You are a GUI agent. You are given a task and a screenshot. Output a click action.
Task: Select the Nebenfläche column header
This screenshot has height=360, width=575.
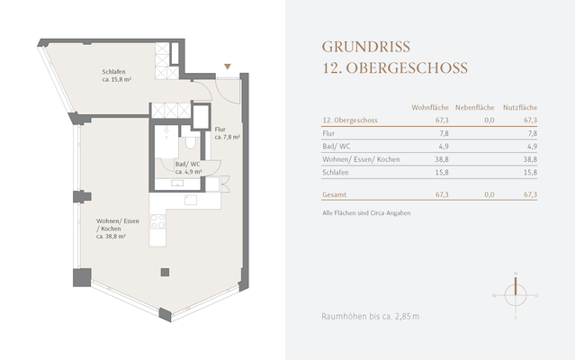pos(475,106)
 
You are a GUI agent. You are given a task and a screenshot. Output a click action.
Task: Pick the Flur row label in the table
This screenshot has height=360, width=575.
pos(328,132)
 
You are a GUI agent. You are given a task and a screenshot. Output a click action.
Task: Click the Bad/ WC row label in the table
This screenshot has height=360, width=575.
pos(336,146)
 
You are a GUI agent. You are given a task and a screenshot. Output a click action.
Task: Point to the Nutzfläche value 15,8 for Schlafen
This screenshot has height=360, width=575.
pos(530,173)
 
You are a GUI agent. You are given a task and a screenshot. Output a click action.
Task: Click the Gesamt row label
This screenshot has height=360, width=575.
pos(334,194)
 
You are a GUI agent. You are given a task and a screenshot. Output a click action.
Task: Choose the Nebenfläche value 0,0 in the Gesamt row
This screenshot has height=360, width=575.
pos(490,194)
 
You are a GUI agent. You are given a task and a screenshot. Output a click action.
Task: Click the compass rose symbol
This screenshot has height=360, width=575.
pos(515,294)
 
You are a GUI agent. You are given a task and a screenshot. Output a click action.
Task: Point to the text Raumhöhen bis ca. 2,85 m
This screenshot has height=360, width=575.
pos(370,317)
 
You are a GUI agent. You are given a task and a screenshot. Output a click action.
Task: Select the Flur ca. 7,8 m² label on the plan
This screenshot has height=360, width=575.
pos(227,134)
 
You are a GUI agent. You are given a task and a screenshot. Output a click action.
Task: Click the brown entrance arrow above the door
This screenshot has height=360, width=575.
pos(228,67)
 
